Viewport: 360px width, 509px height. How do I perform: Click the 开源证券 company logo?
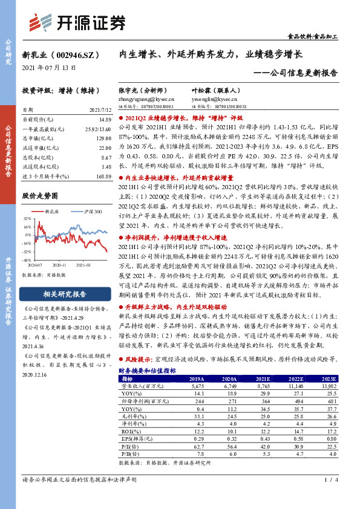coord(79,22)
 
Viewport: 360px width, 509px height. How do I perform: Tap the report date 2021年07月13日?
coord(49,68)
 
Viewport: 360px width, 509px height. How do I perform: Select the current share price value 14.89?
coord(105,120)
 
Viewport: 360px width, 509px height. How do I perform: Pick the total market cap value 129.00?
coord(105,138)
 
